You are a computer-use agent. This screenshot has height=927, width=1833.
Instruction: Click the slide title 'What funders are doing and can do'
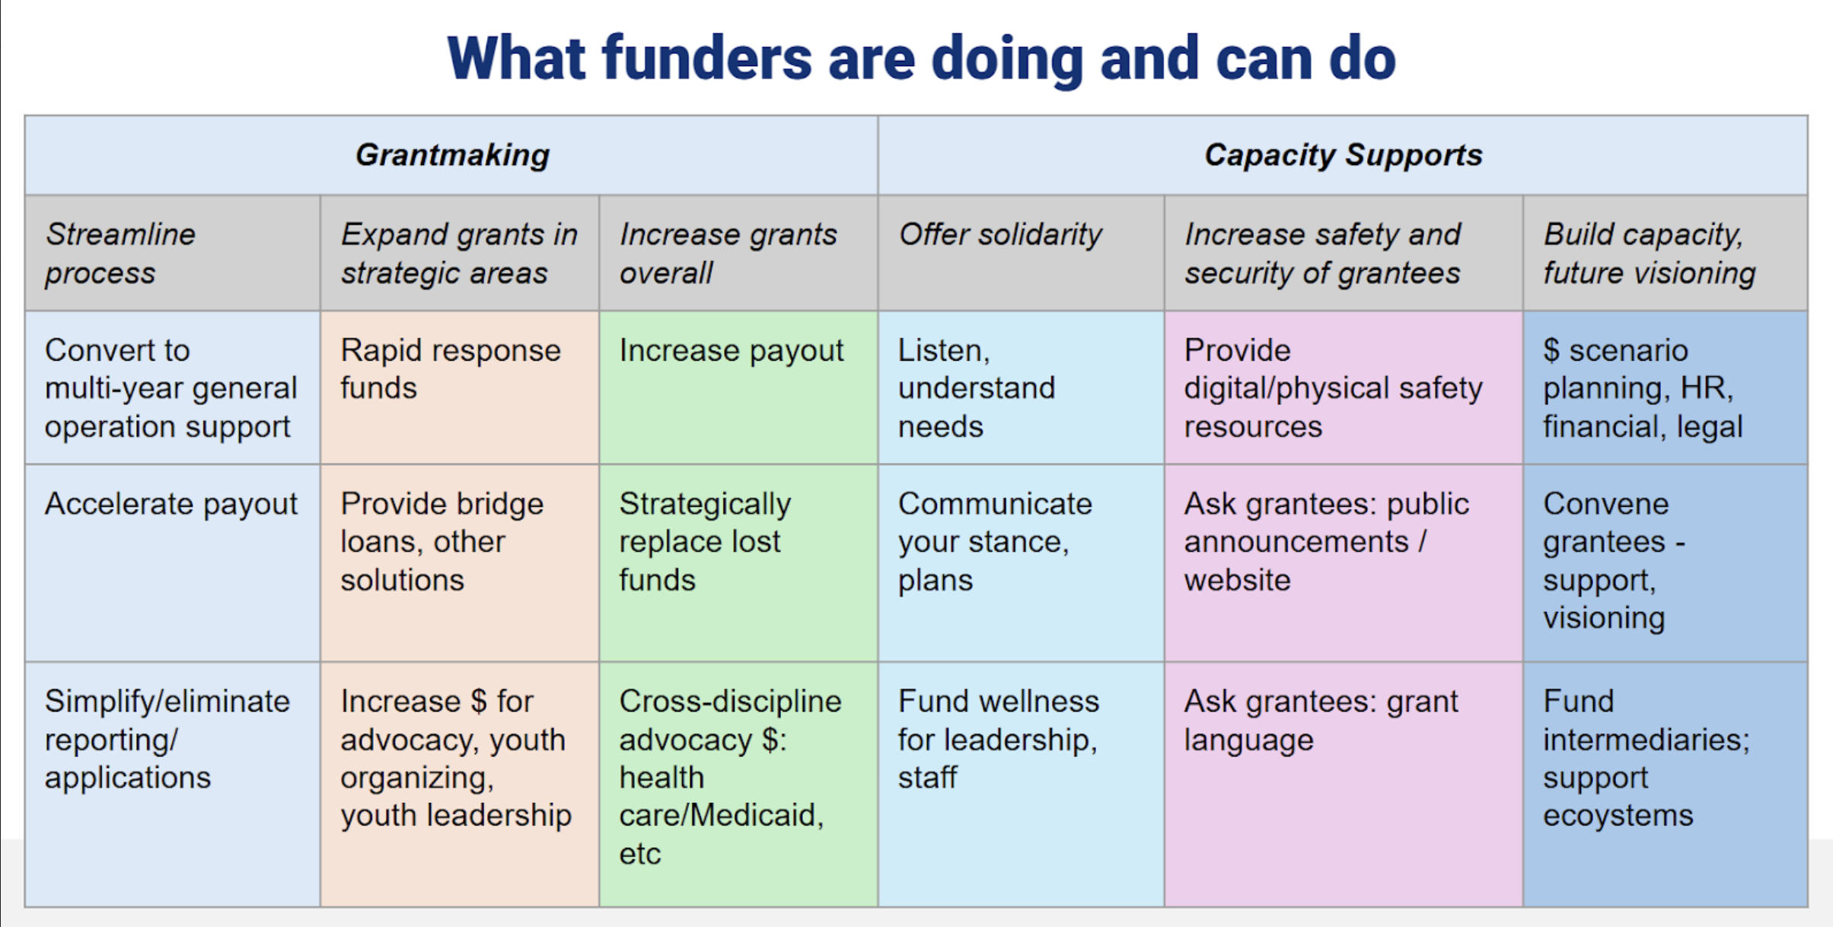click(x=921, y=59)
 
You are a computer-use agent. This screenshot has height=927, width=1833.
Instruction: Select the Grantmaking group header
click(x=452, y=155)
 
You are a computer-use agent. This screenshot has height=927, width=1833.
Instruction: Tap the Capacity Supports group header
click(x=1344, y=155)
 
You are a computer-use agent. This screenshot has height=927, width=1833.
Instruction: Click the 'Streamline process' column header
click(x=120, y=253)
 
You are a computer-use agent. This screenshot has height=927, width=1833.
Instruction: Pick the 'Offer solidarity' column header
click(x=1000, y=234)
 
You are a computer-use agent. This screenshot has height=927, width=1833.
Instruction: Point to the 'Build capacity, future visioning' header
click(x=1650, y=253)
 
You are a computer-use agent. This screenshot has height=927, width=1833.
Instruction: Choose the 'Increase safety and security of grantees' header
click(x=1323, y=253)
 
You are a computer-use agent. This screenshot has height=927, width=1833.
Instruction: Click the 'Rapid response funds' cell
click(x=451, y=369)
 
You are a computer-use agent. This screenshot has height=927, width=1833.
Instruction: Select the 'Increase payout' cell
click(x=732, y=351)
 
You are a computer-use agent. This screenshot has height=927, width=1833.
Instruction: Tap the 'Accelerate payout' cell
click(x=171, y=504)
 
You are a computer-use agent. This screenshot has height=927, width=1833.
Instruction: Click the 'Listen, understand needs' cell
click(x=977, y=388)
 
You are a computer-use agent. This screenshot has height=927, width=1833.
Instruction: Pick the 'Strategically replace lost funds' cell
click(x=705, y=542)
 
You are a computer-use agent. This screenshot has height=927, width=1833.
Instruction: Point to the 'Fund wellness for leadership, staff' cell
click(x=999, y=739)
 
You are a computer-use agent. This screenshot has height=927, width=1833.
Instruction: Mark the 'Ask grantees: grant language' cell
click(x=1321, y=720)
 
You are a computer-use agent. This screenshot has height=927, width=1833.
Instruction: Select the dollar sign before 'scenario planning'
click(x=1551, y=351)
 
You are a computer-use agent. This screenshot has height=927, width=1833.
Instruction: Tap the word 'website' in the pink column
click(x=1237, y=580)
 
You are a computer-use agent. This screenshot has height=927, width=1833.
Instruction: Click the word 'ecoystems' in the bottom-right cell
click(x=1618, y=816)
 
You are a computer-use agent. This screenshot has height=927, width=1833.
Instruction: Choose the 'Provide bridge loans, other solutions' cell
click(x=442, y=542)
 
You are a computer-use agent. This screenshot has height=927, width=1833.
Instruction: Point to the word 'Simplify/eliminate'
click(x=167, y=702)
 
